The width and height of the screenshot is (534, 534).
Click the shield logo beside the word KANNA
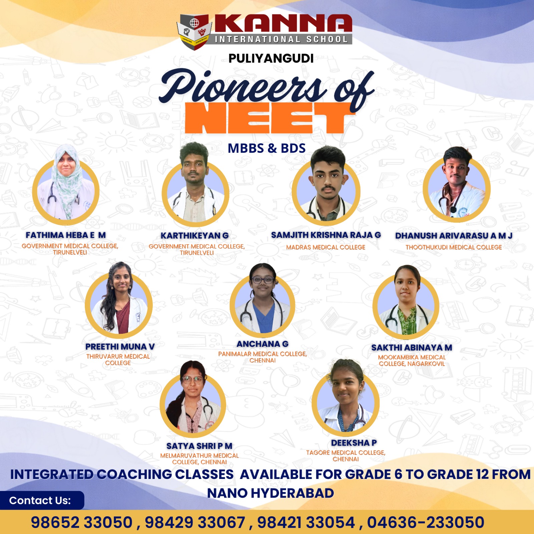194,32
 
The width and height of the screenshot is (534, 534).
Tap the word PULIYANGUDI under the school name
271,58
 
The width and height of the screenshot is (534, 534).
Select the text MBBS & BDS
266,148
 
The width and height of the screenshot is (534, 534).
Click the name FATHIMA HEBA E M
66,235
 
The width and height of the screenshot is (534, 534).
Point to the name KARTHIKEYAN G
195,236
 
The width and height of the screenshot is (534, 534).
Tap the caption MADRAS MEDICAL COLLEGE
326,247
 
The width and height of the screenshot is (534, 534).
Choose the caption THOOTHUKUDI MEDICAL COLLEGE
454,247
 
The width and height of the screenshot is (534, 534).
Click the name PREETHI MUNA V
120,347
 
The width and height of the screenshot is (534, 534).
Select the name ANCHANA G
262,344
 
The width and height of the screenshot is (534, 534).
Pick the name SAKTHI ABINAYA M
412,348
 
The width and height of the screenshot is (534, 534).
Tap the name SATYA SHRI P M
199,446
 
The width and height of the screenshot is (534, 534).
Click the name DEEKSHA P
354,443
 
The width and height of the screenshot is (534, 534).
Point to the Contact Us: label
40,500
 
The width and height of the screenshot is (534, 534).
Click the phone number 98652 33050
82,522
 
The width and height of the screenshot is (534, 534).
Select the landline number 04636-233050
426,522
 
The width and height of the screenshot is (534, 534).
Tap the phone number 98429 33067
195,522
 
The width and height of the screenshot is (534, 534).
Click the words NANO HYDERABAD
271,493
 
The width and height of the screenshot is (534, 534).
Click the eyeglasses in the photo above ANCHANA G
263,280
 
